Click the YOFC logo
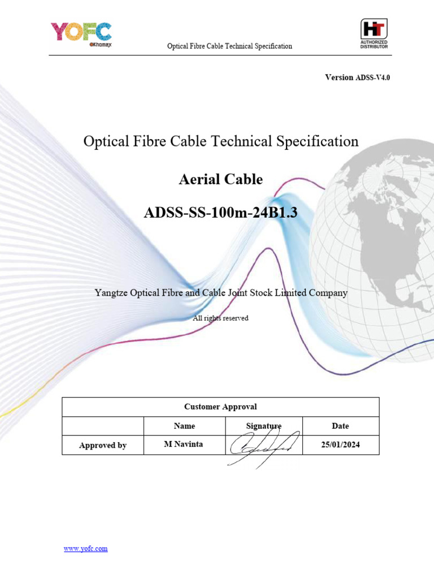coord(81,33)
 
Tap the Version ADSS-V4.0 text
coord(357,77)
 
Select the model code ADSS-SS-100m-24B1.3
coord(220,213)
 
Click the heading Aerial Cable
coord(220,180)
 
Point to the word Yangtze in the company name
coord(111,293)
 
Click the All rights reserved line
coord(220,318)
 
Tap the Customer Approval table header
coord(220,407)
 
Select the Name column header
coord(184,426)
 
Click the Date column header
coord(340,426)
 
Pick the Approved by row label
coord(103,446)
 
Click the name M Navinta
coord(183,444)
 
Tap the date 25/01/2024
coord(340,445)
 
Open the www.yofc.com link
coord(85,548)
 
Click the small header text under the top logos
coord(229,46)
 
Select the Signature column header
coord(263,426)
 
